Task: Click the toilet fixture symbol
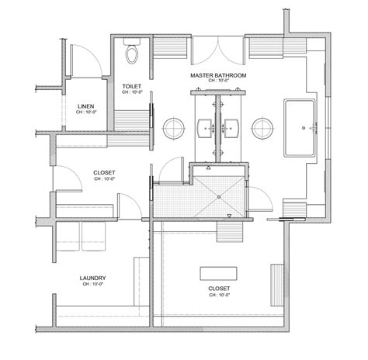(132, 54)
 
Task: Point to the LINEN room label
(87, 106)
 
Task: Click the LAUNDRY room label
(92, 278)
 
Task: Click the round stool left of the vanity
(174, 126)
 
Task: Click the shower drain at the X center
(220, 196)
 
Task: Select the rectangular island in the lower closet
(218, 274)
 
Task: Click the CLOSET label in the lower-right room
(218, 288)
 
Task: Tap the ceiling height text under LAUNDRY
(92, 286)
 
